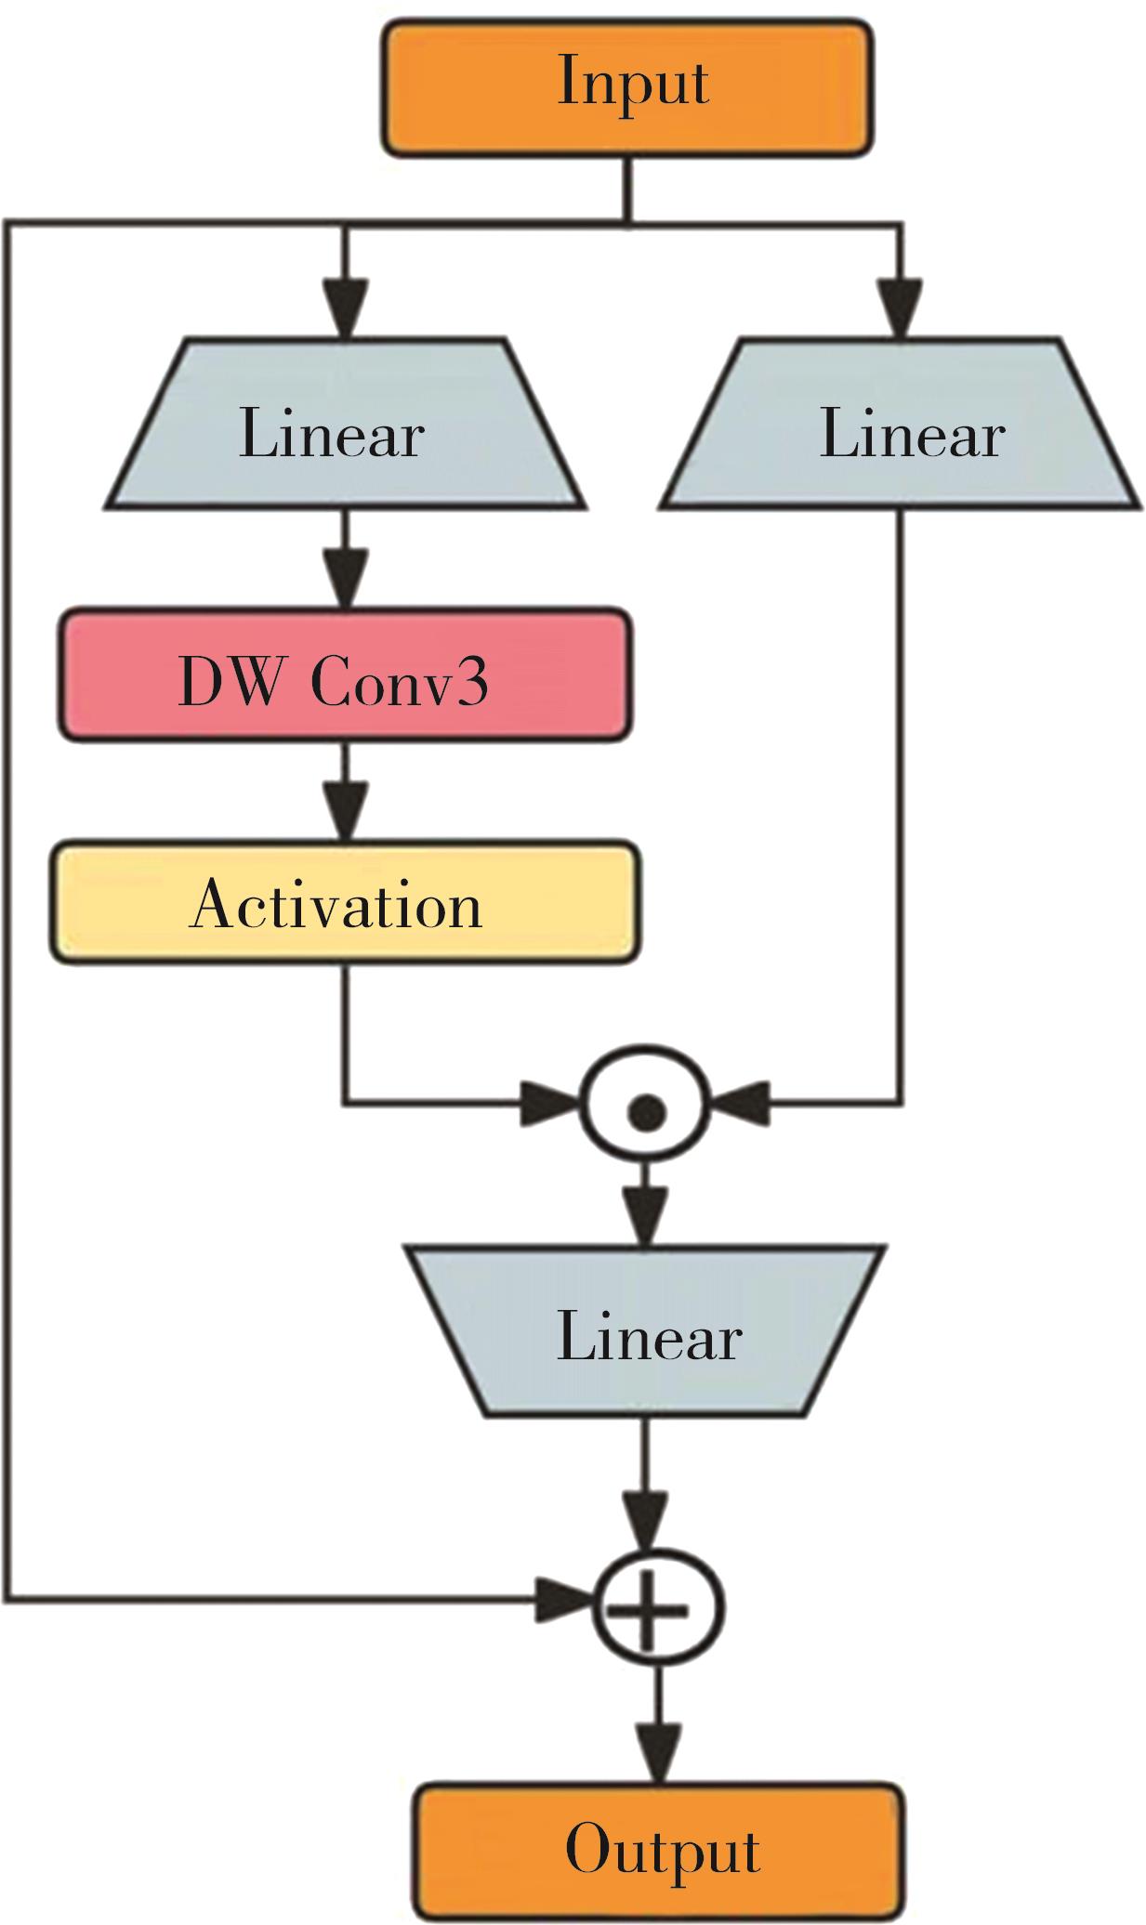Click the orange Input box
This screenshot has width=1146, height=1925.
[627, 86]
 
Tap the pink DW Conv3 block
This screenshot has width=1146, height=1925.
[345, 675]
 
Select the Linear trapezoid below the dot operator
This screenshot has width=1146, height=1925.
[645, 1334]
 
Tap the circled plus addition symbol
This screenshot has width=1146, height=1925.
[657, 1610]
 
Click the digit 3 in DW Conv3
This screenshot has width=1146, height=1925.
[471, 681]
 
